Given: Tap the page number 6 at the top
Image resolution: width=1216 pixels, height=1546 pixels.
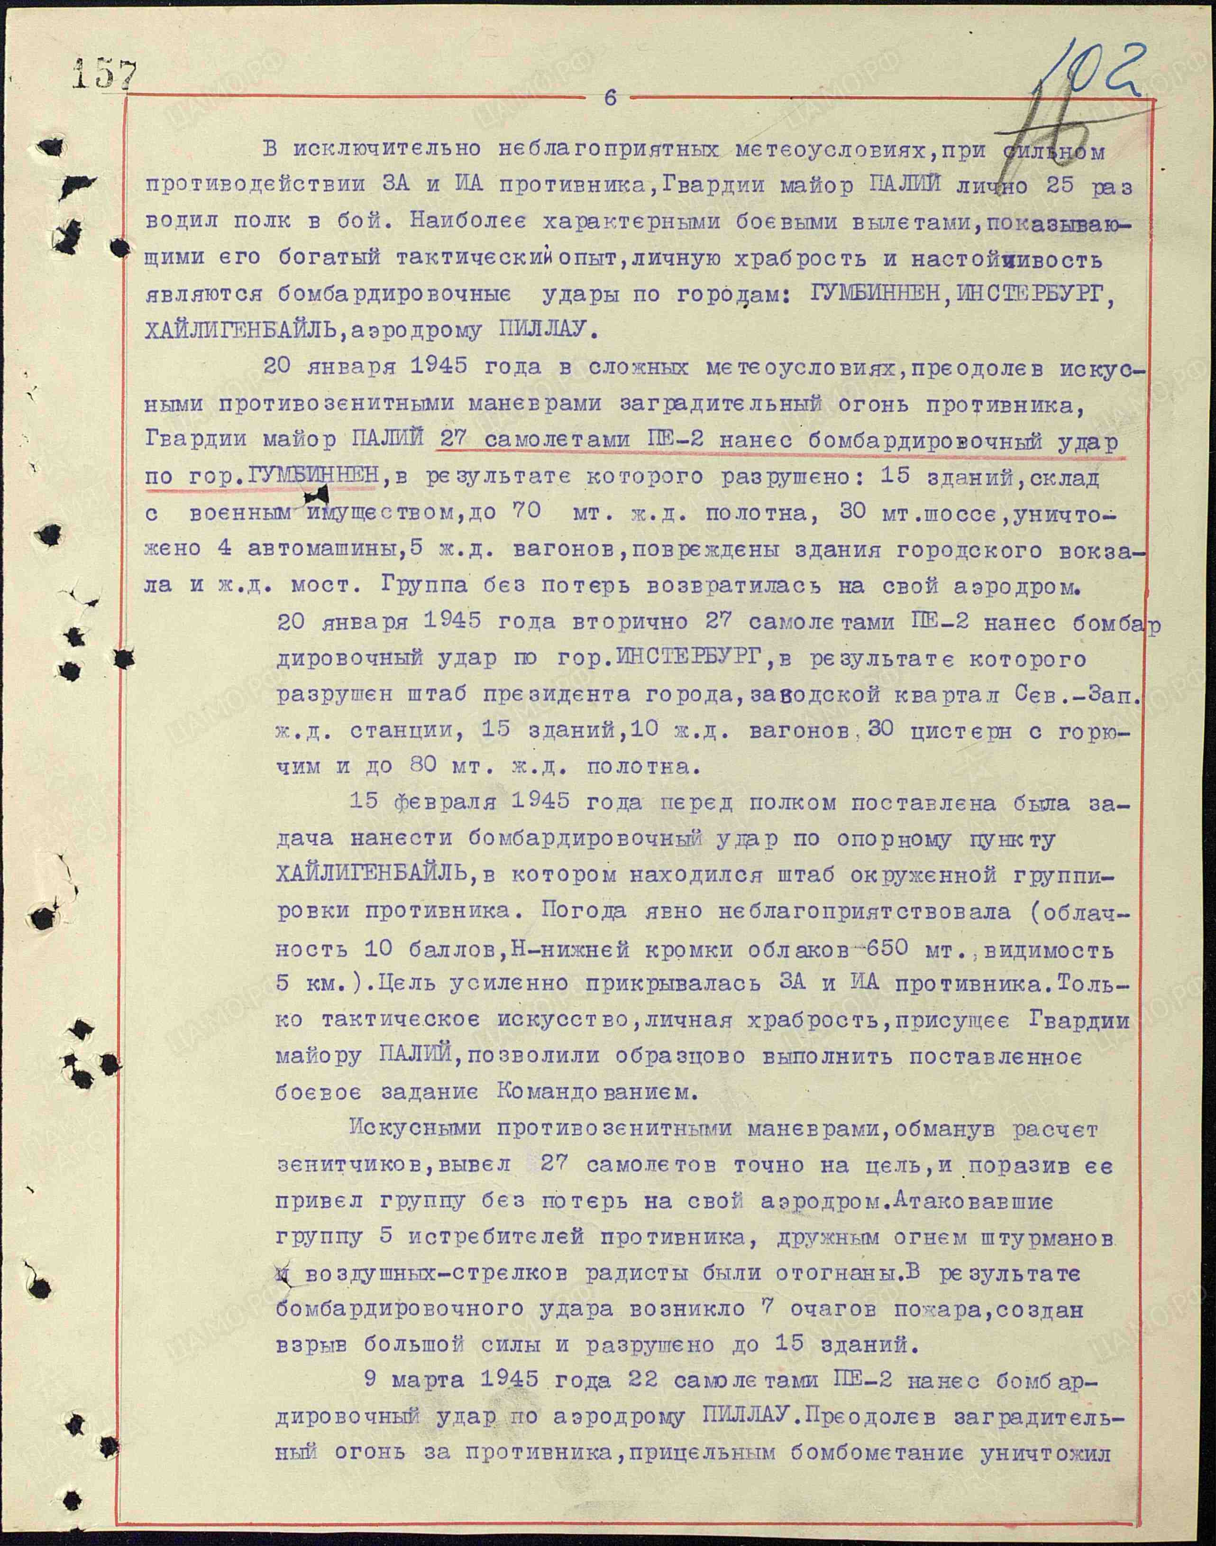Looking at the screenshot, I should (x=610, y=98).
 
